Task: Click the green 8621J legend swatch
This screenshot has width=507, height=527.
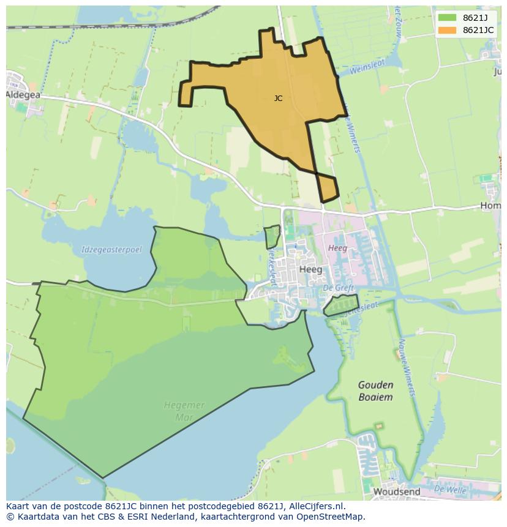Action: (447, 17)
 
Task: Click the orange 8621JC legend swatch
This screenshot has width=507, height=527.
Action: (447, 30)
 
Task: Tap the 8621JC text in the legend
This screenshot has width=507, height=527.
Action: (478, 30)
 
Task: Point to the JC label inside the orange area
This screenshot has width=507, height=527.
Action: (279, 99)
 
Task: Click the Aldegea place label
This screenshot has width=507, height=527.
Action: (23, 95)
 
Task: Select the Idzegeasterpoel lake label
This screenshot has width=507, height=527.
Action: (111, 250)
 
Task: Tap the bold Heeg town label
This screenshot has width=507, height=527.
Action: (310, 269)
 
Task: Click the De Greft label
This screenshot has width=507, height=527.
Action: (336, 288)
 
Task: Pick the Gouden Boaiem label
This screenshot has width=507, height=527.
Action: (376, 391)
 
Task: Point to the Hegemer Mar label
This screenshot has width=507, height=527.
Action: (184, 411)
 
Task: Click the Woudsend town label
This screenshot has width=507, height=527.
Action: (396, 491)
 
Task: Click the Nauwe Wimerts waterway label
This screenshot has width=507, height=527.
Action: (407, 367)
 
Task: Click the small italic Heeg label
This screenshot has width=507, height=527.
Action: (337, 248)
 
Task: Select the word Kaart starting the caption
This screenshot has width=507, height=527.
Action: (18, 506)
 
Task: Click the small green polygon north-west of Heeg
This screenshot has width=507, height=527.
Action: (272, 236)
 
